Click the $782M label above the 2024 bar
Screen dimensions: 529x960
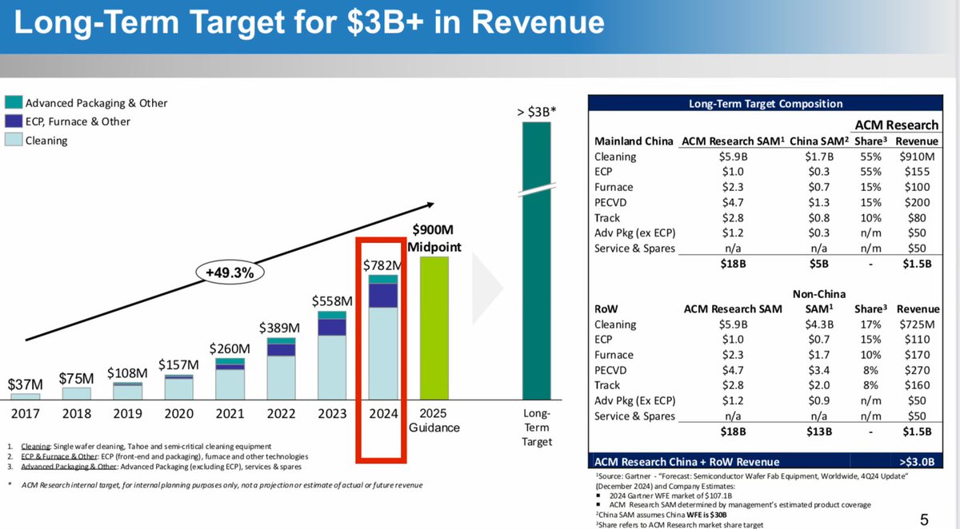(382, 264)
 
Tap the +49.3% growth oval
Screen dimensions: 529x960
(230, 272)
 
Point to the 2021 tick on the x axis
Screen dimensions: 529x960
(230, 413)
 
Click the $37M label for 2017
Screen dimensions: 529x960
(26, 384)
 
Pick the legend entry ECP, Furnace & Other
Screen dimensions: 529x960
(78, 121)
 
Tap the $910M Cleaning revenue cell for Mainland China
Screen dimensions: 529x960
(918, 157)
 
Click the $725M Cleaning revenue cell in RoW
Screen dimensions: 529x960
(918, 324)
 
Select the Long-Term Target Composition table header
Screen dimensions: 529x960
(766, 103)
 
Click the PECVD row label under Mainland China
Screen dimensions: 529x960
(612, 202)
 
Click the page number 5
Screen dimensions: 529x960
(925, 519)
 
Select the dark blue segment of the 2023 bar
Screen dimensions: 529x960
(332, 327)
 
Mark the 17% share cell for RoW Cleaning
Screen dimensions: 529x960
(870, 324)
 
